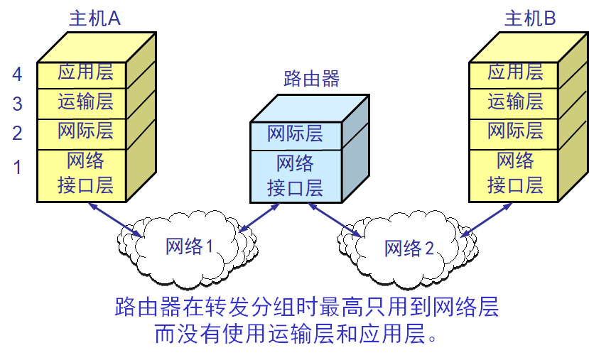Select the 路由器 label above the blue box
click(311, 79)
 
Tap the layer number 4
click(18, 74)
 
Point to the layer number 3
click(18, 104)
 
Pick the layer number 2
click(18, 133)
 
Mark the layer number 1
click(18, 168)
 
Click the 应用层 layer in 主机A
click(85, 73)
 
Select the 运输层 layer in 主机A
click(85, 102)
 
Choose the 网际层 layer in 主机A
click(85, 132)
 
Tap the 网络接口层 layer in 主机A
click(85, 173)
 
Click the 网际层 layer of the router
click(295, 133)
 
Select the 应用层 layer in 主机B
click(515, 72)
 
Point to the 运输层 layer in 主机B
click(515, 102)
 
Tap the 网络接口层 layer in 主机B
click(515, 173)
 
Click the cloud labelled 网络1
click(189, 246)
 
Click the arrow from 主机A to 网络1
click(114, 219)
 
